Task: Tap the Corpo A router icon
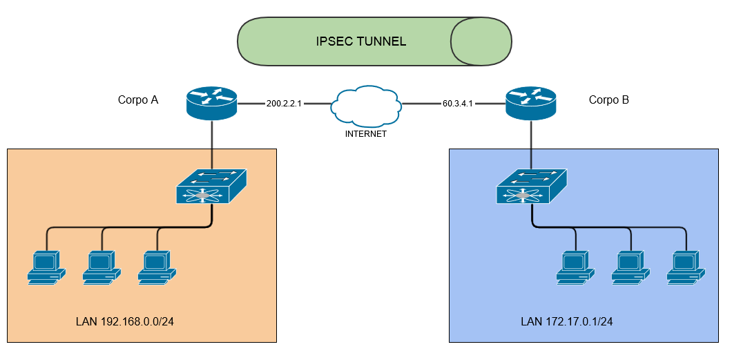click(x=211, y=102)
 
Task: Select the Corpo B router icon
click(x=530, y=102)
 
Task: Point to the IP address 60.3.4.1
click(x=458, y=104)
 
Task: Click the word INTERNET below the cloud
click(x=365, y=134)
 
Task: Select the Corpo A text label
click(x=138, y=100)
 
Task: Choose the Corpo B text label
click(x=608, y=100)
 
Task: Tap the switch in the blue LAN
click(x=531, y=185)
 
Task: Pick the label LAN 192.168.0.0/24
click(x=124, y=322)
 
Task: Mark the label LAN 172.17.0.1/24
click(x=567, y=322)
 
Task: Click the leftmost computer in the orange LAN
click(x=46, y=267)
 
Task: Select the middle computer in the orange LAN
click(x=102, y=267)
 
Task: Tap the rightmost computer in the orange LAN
click(x=157, y=267)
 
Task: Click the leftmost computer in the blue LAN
click(x=575, y=267)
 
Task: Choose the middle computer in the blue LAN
click(x=630, y=267)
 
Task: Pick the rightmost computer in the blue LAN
click(x=686, y=267)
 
